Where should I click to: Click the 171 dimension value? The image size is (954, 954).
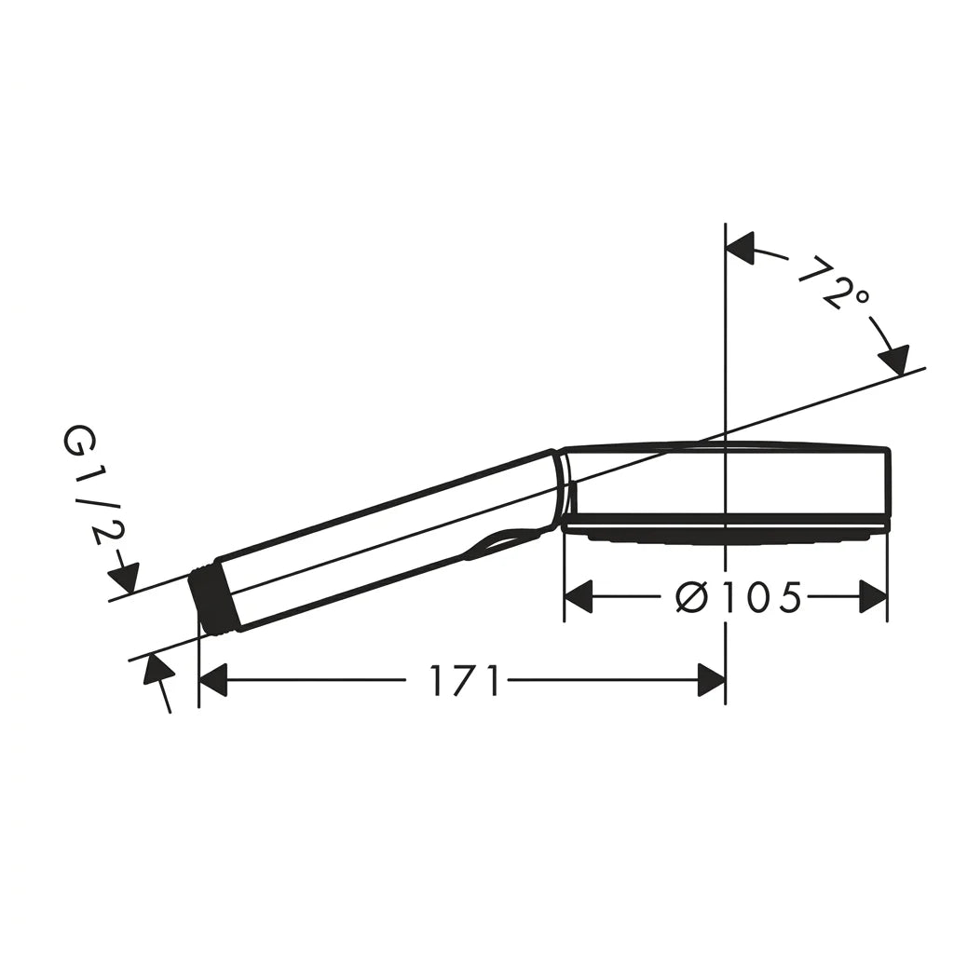click(465, 680)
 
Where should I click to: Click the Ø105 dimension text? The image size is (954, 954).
click(738, 597)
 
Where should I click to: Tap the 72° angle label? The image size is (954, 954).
click(832, 282)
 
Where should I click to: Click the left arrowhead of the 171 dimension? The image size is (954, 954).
click(212, 680)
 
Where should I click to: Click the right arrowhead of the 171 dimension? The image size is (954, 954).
click(711, 680)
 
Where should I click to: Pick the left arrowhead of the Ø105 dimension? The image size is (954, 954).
click(578, 597)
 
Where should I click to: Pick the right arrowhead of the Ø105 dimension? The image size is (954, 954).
click(873, 597)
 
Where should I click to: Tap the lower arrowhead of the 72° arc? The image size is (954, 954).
click(894, 360)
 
